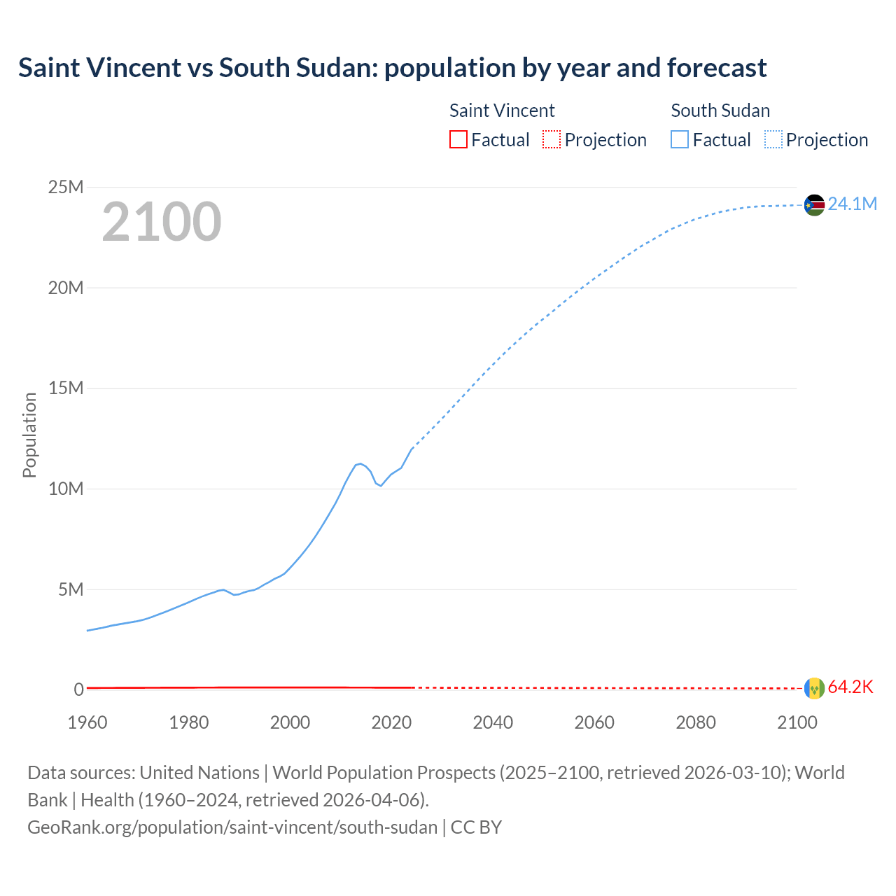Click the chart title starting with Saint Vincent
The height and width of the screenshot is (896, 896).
pos(392,68)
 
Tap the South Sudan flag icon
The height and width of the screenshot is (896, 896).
pos(814,204)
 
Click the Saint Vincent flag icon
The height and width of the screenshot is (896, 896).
pos(814,688)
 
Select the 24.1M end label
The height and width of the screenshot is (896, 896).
pos(852,204)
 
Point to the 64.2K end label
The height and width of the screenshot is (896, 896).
pos(850,687)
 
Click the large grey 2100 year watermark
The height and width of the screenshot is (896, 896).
pos(162,222)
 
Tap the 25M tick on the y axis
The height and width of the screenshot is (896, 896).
pos(66,187)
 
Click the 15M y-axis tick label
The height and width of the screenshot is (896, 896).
pos(66,388)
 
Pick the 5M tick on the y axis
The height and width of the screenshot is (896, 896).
pos(71,589)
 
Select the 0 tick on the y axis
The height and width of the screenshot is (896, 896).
pos(78,689)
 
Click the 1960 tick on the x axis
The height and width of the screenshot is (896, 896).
pos(87,722)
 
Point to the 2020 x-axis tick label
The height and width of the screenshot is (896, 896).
pos(391,722)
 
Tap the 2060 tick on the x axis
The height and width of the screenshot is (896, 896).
pos(594,722)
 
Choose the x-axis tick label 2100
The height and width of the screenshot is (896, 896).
pos(797,722)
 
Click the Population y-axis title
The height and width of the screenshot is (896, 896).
pos(29,435)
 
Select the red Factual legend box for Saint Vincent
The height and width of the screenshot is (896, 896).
pos(458,140)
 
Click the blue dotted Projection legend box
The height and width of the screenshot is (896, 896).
pos(773,140)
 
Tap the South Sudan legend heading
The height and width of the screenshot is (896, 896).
pos(720,111)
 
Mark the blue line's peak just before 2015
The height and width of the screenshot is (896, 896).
pos(360,463)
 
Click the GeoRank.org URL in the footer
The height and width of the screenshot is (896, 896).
pos(232,827)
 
